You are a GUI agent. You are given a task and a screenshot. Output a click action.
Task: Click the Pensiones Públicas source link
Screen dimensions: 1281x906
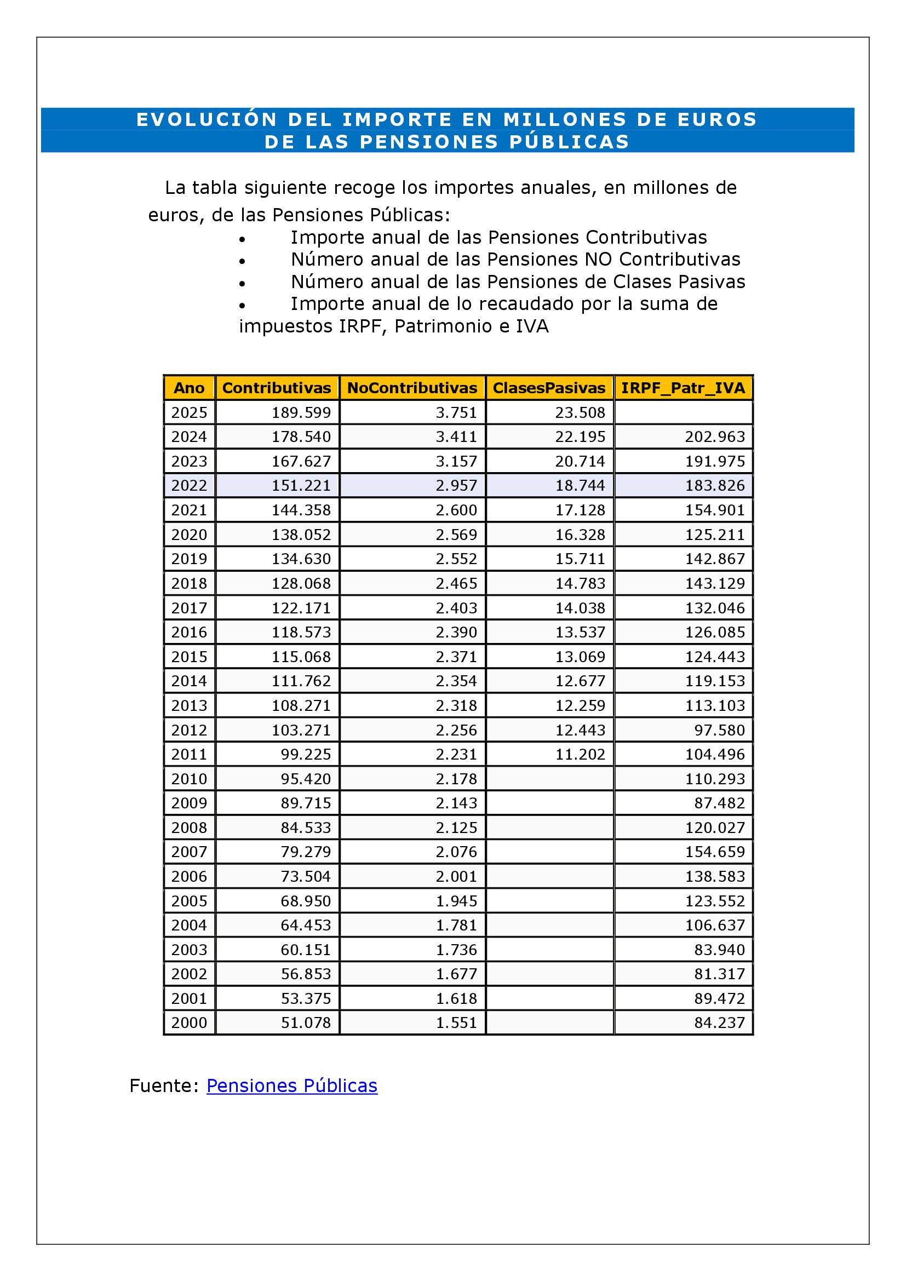[x=292, y=1085]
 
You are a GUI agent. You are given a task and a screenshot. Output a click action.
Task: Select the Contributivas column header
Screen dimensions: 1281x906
[x=277, y=388]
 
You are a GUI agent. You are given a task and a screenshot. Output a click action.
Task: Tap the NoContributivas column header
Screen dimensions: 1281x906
[x=412, y=388]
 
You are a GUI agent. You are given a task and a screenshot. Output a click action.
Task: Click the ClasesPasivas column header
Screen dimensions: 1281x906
[x=549, y=388]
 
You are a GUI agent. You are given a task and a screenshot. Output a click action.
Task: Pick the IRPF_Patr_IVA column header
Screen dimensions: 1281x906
[x=683, y=388]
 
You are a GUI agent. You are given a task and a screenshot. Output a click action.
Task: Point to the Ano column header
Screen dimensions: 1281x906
[x=189, y=388]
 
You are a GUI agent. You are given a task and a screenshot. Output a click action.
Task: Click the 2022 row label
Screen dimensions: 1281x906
[x=189, y=485]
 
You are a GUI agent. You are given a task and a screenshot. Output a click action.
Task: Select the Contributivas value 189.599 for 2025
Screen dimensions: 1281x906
[x=301, y=412]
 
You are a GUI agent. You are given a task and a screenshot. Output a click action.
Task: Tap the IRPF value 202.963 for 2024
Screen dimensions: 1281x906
[x=715, y=436]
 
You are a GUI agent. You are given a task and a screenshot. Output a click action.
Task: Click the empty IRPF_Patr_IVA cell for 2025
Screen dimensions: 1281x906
[x=683, y=412]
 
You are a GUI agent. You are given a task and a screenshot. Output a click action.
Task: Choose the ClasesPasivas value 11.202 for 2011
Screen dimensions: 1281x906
[x=580, y=754]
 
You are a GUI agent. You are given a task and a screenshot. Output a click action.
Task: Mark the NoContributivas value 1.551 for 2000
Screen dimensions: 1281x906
[x=456, y=1022]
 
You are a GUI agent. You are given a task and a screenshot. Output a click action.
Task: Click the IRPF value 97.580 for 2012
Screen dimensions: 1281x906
[x=719, y=729]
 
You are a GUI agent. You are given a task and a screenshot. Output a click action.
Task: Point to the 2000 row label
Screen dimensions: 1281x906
[x=189, y=1022]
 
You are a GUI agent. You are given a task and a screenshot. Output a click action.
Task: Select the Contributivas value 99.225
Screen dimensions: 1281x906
[x=306, y=754]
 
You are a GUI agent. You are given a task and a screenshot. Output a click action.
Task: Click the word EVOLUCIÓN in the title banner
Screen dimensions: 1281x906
[x=207, y=119]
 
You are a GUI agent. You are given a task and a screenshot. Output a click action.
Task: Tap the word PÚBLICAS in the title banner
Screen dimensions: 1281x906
[x=569, y=142]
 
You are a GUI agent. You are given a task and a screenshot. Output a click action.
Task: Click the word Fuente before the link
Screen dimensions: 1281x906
[x=163, y=1085]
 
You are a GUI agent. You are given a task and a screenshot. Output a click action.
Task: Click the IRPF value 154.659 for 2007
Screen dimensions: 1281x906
[x=715, y=852]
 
